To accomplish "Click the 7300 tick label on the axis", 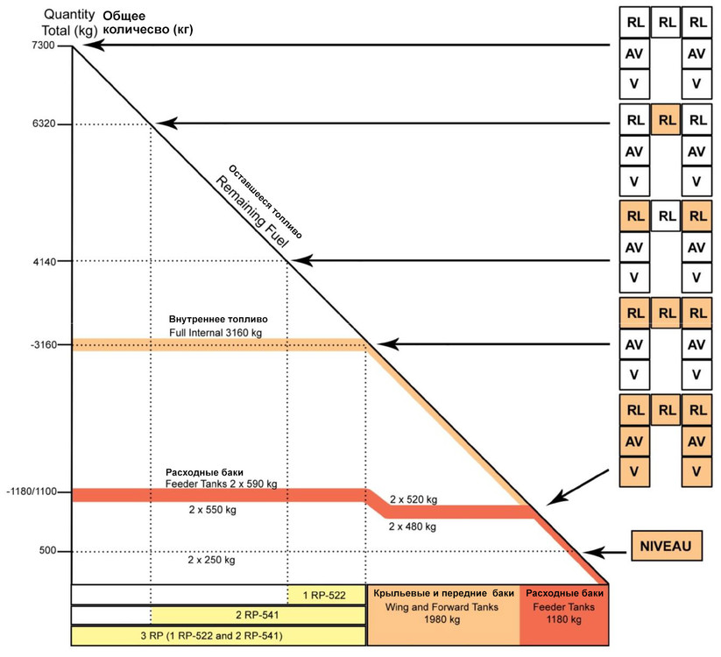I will coord(41,45).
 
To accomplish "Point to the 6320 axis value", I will coord(41,124).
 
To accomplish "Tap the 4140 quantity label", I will coord(41,261).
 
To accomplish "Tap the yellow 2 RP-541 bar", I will coord(258,615).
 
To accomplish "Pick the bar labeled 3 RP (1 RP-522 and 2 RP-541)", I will coord(217,635).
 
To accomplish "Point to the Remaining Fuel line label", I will coord(253,209).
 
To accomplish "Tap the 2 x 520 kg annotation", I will coord(414,499).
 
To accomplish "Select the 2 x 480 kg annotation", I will coord(414,527).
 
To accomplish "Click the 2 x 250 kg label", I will coord(212,559).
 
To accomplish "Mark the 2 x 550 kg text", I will coord(212,509).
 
